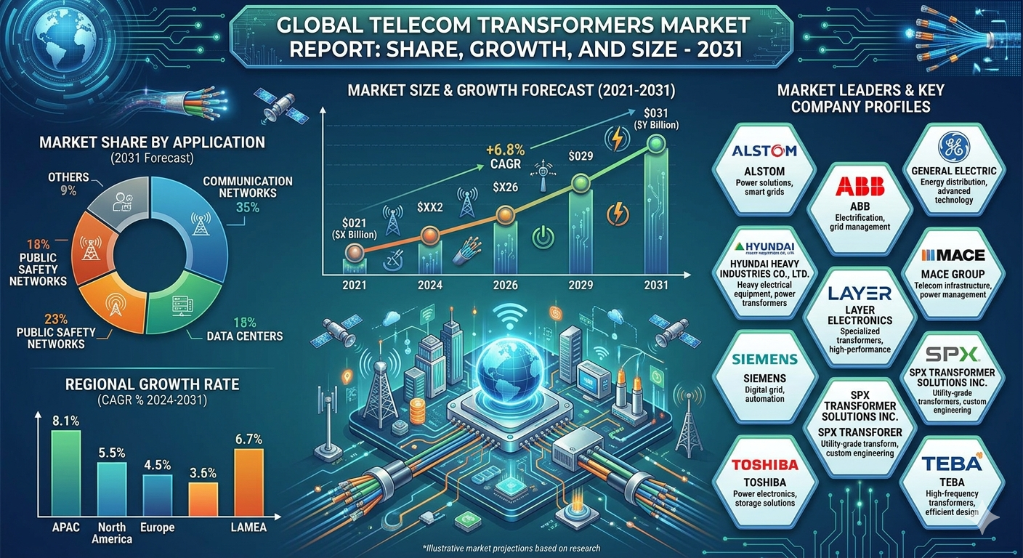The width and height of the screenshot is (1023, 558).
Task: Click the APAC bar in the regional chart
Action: pos(66,473)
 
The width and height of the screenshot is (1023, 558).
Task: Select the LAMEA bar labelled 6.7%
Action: pos(249,482)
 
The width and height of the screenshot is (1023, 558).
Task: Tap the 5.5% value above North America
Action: pos(112,453)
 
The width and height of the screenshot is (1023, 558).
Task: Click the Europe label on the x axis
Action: pos(158,527)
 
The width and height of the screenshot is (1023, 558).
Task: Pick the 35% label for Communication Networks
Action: pos(248,208)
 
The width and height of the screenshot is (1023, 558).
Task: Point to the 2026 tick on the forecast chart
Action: pos(506,286)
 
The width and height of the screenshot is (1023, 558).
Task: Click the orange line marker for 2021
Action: pos(355,252)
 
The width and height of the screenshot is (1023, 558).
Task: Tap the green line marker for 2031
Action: pos(656,143)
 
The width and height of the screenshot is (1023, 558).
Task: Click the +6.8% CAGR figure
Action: pos(505,150)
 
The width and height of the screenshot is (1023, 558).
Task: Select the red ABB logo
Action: pos(860,186)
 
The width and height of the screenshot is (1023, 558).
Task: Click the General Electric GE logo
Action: pos(953,147)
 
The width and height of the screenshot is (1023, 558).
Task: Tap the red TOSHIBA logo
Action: pos(765,465)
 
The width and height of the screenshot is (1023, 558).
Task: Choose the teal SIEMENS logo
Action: pos(765,360)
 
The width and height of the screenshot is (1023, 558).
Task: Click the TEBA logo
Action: pos(952,463)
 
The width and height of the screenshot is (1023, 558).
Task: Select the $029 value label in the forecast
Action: pos(581,156)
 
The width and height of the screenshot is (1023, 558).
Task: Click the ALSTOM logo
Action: pos(764,150)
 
